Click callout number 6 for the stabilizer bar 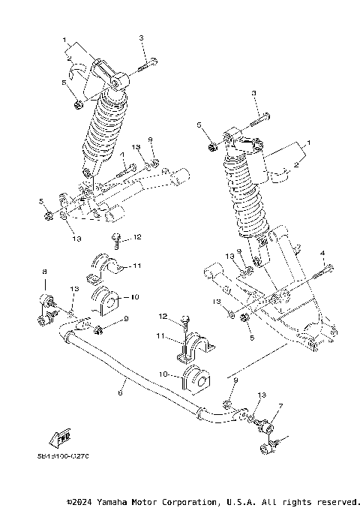click(x=121, y=392)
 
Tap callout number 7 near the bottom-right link click(x=281, y=406)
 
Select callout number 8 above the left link click(x=44, y=271)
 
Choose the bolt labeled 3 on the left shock click(x=145, y=66)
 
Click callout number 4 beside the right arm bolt click(x=322, y=254)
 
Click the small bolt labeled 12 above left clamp click(x=116, y=240)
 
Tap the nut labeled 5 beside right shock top click(x=213, y=145)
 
